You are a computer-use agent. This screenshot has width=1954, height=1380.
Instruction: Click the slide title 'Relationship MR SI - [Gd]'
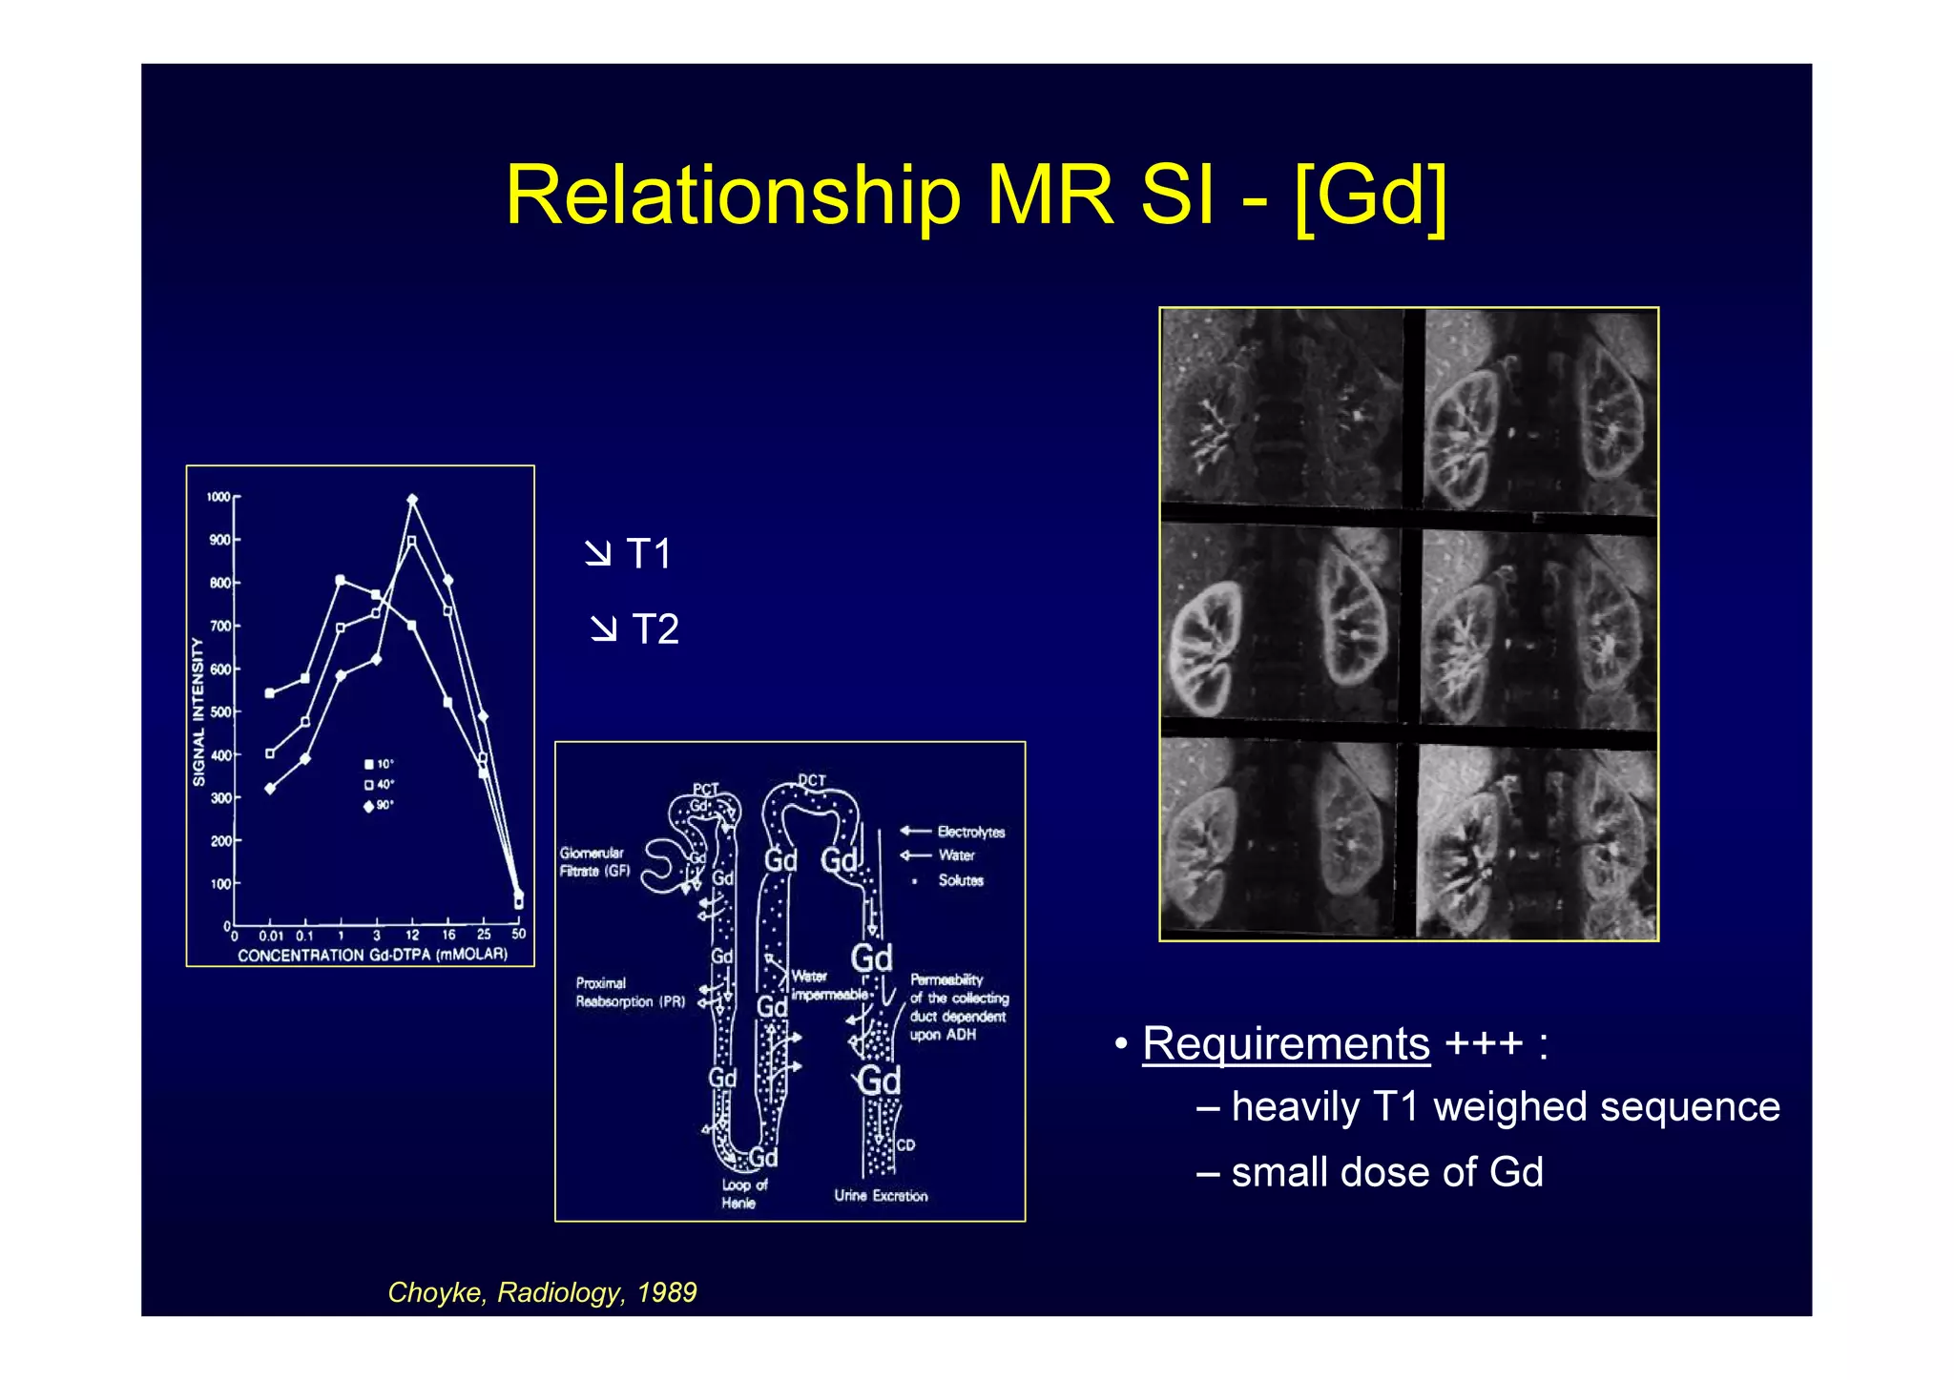975,196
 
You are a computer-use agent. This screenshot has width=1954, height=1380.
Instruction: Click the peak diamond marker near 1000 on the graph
412,500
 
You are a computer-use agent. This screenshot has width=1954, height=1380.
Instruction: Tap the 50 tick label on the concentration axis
518,935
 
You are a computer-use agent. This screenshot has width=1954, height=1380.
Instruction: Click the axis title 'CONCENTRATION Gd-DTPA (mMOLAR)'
372,955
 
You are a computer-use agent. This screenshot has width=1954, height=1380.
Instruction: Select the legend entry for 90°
379,806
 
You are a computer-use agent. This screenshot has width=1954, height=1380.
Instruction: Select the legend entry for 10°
379,764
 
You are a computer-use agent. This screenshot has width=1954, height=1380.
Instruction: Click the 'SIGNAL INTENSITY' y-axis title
198,711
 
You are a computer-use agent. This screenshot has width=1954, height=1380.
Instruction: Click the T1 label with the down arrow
630,554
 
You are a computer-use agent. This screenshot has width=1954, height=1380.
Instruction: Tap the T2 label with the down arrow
635,629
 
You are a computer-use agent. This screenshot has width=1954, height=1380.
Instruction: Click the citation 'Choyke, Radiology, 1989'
542,1292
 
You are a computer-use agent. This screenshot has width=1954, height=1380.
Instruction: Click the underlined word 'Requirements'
1285,1042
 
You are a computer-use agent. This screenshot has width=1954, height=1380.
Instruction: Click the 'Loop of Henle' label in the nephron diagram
743,1193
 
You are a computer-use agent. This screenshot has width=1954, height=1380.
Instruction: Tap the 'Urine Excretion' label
881,1195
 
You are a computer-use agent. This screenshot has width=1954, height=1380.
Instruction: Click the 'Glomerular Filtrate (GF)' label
594,862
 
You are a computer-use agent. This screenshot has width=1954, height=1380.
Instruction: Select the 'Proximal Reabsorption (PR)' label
630,992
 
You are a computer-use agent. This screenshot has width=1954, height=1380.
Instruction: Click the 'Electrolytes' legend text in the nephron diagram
970,832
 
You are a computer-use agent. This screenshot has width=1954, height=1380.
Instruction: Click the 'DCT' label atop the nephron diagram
812,780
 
